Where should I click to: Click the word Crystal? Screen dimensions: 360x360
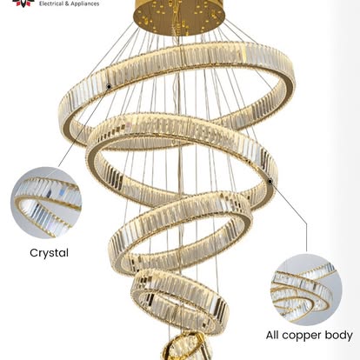[49, 253]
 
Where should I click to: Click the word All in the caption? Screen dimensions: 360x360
[272, 335]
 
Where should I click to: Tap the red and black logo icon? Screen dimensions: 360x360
[23, 3]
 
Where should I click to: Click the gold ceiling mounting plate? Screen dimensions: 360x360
[179, 17]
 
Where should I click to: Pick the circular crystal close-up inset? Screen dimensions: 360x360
[46, 203]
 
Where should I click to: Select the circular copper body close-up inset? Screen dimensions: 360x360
[306, 290]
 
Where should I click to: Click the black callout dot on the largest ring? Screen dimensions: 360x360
[109, 86]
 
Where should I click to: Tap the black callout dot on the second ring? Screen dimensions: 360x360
[270, 182]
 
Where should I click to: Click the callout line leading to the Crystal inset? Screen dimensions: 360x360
[83, 126]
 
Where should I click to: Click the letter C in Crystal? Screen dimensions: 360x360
[34, 253]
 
